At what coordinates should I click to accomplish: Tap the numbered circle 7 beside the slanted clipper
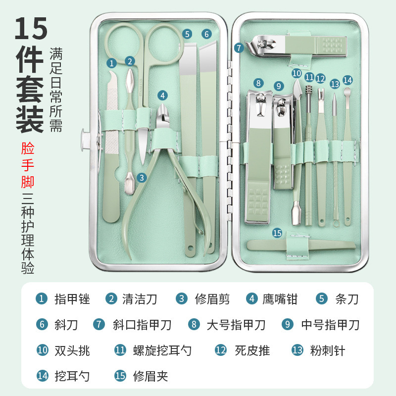tap(239, 48)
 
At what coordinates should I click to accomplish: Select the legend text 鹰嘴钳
tap(280, 299)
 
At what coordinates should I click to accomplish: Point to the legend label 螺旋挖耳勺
tap(162, 350)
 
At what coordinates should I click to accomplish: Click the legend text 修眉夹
tap(151, 376)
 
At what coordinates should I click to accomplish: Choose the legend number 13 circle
tap(297, 350)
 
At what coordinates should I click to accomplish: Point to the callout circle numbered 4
tap(163, 96)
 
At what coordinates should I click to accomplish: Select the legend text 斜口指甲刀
tap(142, 325)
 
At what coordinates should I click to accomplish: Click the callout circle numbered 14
tap(347, 80)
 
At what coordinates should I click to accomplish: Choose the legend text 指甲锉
tap(72, 299)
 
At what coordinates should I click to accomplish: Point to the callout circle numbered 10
tap(296, 73)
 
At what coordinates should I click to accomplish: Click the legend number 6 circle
tap(43, 325)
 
